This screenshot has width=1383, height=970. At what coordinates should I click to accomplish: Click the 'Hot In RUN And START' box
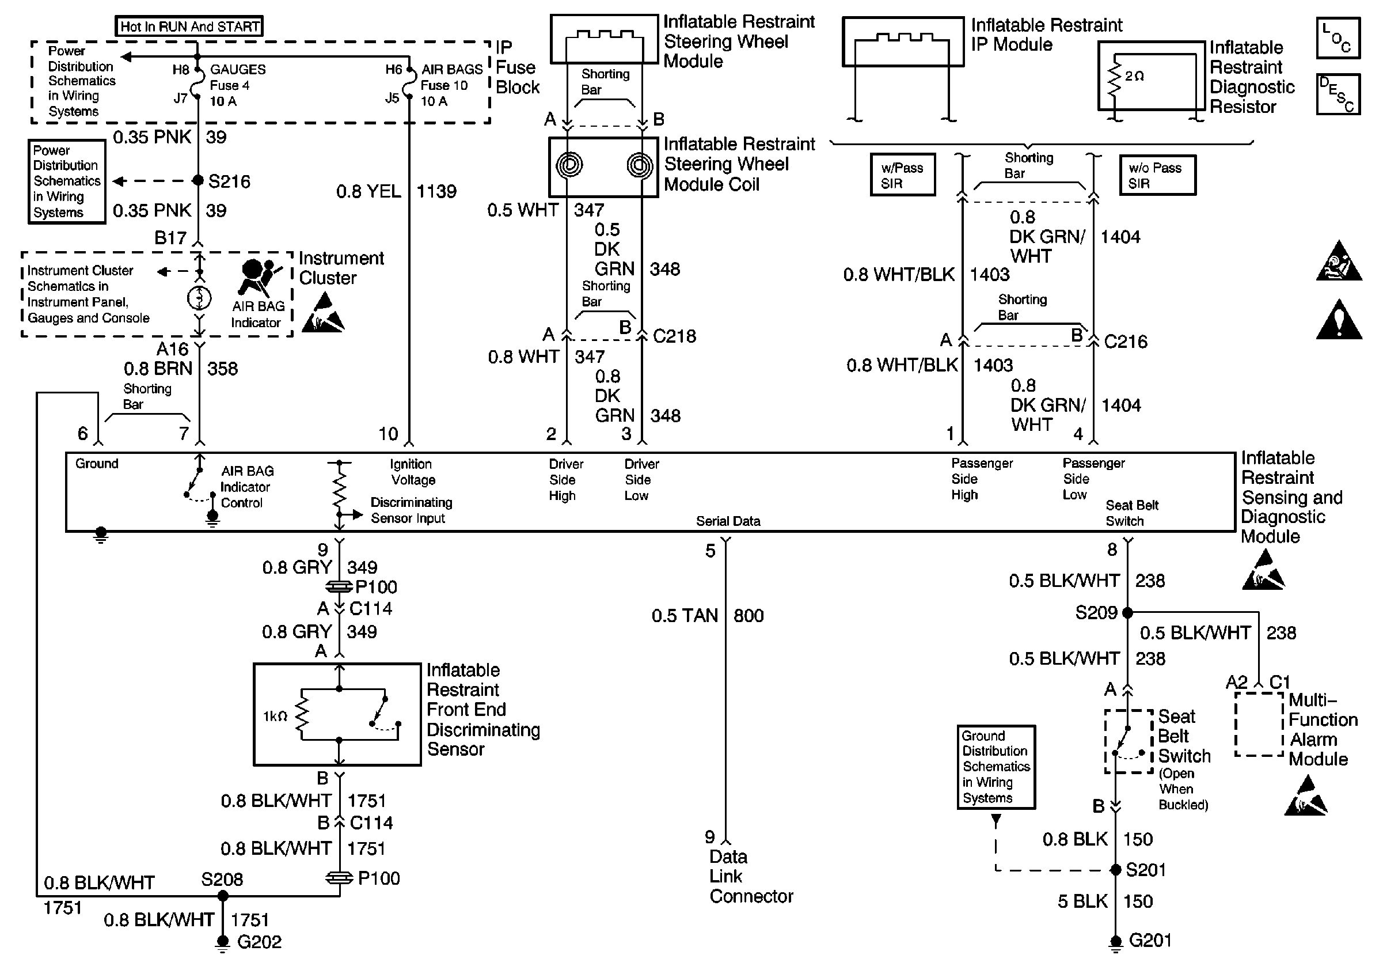[189, 26]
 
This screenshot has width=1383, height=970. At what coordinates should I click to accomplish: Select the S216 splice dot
[197, 180]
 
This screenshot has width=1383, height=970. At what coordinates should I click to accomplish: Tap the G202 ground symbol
[222, 943]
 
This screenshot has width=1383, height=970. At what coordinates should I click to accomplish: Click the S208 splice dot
[222, 896]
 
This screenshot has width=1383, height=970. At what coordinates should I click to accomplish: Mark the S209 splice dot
[1127, 613]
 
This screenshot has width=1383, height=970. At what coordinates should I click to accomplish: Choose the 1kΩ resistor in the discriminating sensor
[301, 715]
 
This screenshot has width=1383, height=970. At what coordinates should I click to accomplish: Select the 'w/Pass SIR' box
[902, 175]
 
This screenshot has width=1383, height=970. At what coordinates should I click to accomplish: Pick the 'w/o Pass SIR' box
[1157, 175]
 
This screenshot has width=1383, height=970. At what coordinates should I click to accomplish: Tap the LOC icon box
[1338, 38]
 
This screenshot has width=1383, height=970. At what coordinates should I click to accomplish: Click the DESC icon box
[1338, 94]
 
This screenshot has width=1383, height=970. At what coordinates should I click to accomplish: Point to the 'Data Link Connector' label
[751, 877]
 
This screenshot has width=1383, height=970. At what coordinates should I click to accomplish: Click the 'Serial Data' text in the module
[728, 521]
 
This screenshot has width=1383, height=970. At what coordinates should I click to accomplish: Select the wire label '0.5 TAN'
[684, 616]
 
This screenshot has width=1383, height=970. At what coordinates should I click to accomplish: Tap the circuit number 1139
[436, 192]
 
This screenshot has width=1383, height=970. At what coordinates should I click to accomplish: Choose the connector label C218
[674, 336]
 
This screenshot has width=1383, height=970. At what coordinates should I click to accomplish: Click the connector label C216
[1125, 342]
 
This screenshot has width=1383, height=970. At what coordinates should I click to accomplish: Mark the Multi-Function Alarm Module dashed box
[1258, 724]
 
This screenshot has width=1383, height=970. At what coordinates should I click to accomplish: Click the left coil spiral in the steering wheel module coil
[569, 165]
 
